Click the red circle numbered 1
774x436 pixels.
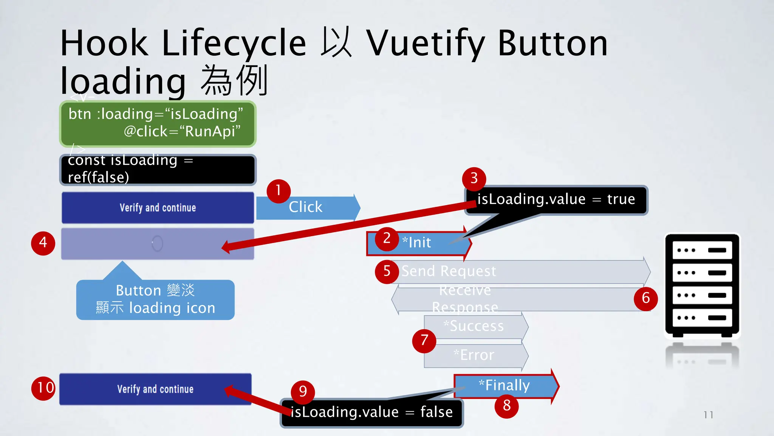pos(279,190)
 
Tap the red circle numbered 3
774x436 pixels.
pos(474,179)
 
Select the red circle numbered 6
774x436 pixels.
pos(646,298)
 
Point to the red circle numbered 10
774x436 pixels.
pos(44,388)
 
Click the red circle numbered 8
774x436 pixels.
pos(506,406)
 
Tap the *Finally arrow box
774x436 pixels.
pos(505,386)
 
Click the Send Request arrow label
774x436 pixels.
pos(449,271)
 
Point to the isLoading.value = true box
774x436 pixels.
pos(556,199)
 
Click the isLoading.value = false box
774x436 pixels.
pos(372,412)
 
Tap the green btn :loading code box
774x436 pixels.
pos(158,123)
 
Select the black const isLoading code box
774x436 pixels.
pos(158,169)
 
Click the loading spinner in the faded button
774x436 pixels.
pos(157,243)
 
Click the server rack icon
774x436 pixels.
pos(702,286)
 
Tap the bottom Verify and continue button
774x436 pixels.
pos(155,389)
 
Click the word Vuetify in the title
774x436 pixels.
pos(426,44)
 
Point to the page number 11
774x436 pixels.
pos(709,415)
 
